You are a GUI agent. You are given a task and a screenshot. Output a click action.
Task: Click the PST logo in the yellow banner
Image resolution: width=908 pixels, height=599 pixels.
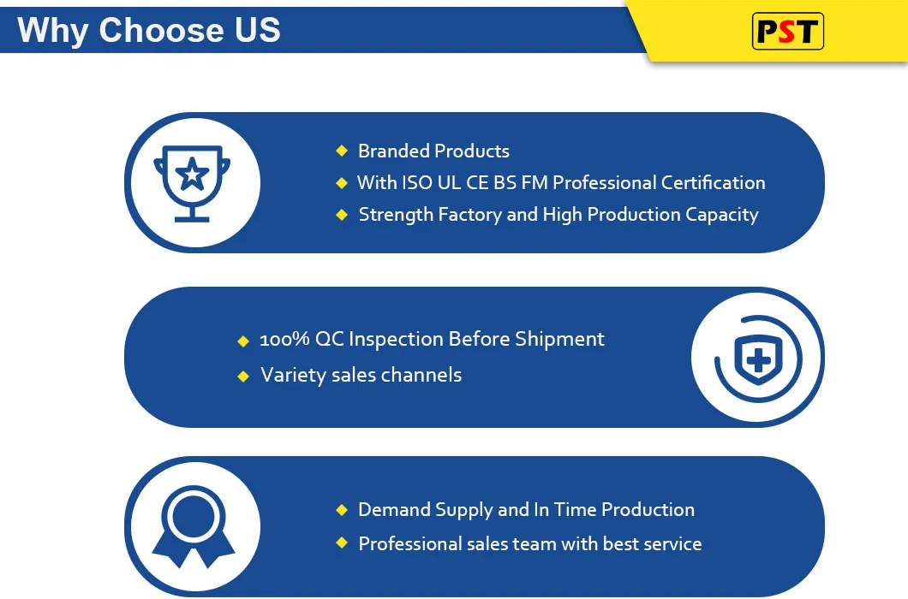pyautogui.click(x=787, y=32)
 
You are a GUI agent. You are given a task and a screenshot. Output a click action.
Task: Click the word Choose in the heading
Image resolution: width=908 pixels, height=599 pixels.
pyautogui.click(x=160, y=30)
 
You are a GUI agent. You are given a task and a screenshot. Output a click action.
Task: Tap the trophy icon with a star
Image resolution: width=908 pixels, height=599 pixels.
pyautogui.click(x=192, y=183)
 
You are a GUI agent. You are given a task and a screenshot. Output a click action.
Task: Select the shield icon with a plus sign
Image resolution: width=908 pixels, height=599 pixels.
pyautogui.click(x=758, y=359)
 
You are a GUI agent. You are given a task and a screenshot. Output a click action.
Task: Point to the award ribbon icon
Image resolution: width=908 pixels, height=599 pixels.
pyautogui.click(x=194, y=526)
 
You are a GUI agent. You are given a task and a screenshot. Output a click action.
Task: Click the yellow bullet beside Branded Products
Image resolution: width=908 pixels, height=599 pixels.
pyautogui.click(x=342, y=151)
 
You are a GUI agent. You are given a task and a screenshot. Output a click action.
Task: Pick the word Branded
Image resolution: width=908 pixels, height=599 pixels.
pyautogui.click(x=393, y=151)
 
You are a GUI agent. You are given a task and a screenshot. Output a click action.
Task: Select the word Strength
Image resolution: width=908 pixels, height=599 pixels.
pyautogui.click(x=396, y=215)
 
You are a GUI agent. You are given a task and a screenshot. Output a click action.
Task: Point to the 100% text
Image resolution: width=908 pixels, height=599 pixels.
pyautogui.click(x=284, y=339)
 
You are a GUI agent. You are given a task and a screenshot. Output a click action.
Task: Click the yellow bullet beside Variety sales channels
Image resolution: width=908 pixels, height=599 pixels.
pyautogui.click(x=243, y=377)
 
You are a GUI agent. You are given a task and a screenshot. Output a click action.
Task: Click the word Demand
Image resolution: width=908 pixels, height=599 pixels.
pyautogui.click(x=394, y=510)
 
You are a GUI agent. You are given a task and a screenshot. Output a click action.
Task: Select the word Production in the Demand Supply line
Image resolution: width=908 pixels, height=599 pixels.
pyautogui.click(x=648, y=510)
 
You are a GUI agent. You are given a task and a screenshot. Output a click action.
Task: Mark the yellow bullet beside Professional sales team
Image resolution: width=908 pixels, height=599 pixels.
pyautogui.click(x=342, y=543)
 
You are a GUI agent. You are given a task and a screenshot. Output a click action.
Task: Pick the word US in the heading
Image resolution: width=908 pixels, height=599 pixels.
pyautogui.click(x=258, y=30)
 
